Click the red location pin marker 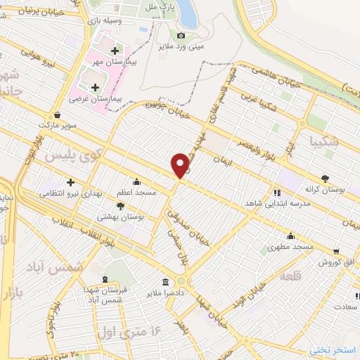click(x=181, y=165)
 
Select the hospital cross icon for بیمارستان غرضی click(x=94, y=87)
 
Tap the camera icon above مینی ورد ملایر click(x=181, y=35)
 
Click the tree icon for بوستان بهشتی click(x=121, y=206)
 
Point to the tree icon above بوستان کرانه click(x=324, y=178)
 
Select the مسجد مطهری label click(x=290, y=247)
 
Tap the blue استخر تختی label click(x=335, y=349)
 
